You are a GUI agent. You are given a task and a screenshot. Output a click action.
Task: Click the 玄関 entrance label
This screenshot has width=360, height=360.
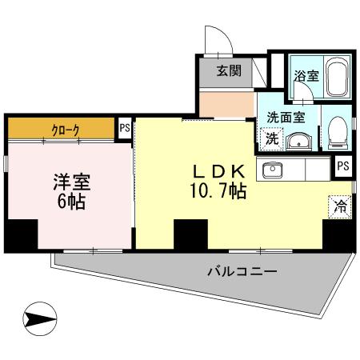[229, 70]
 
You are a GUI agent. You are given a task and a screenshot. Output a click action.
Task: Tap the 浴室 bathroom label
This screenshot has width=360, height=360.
[306, 77]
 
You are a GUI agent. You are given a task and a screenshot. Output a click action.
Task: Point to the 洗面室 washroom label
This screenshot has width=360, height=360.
[285, 115]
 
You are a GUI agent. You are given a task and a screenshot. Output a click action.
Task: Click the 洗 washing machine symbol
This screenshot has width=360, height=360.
[272, 138]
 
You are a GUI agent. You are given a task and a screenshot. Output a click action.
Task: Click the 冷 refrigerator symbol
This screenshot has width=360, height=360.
[340, 205]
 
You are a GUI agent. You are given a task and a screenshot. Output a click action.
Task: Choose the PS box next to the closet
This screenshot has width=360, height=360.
[124, 126]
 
